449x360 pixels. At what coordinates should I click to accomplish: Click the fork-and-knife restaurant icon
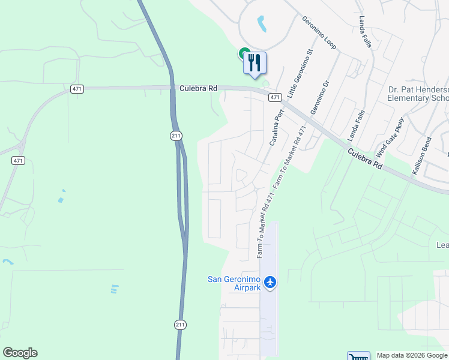(x=255, y=62)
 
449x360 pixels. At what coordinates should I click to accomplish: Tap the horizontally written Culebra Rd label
(x=198, y=88)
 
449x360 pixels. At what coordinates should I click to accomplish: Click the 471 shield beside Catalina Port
(x=274, y=97)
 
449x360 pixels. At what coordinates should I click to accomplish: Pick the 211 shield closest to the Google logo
(x=180, y=325)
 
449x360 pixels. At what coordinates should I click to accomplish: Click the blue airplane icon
(x=270, y=281)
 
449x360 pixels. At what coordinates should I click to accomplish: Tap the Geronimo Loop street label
(x=319, y=32)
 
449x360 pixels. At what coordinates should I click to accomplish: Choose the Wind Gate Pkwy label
(x=390, y=137)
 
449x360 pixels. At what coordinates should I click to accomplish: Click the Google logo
(x=20, y=353)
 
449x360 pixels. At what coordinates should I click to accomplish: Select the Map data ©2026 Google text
(x=411, y=355)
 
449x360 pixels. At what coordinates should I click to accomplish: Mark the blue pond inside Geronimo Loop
(x=262, y=24)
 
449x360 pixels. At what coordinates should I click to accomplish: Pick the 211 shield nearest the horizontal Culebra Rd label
(x=175, y=136)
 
